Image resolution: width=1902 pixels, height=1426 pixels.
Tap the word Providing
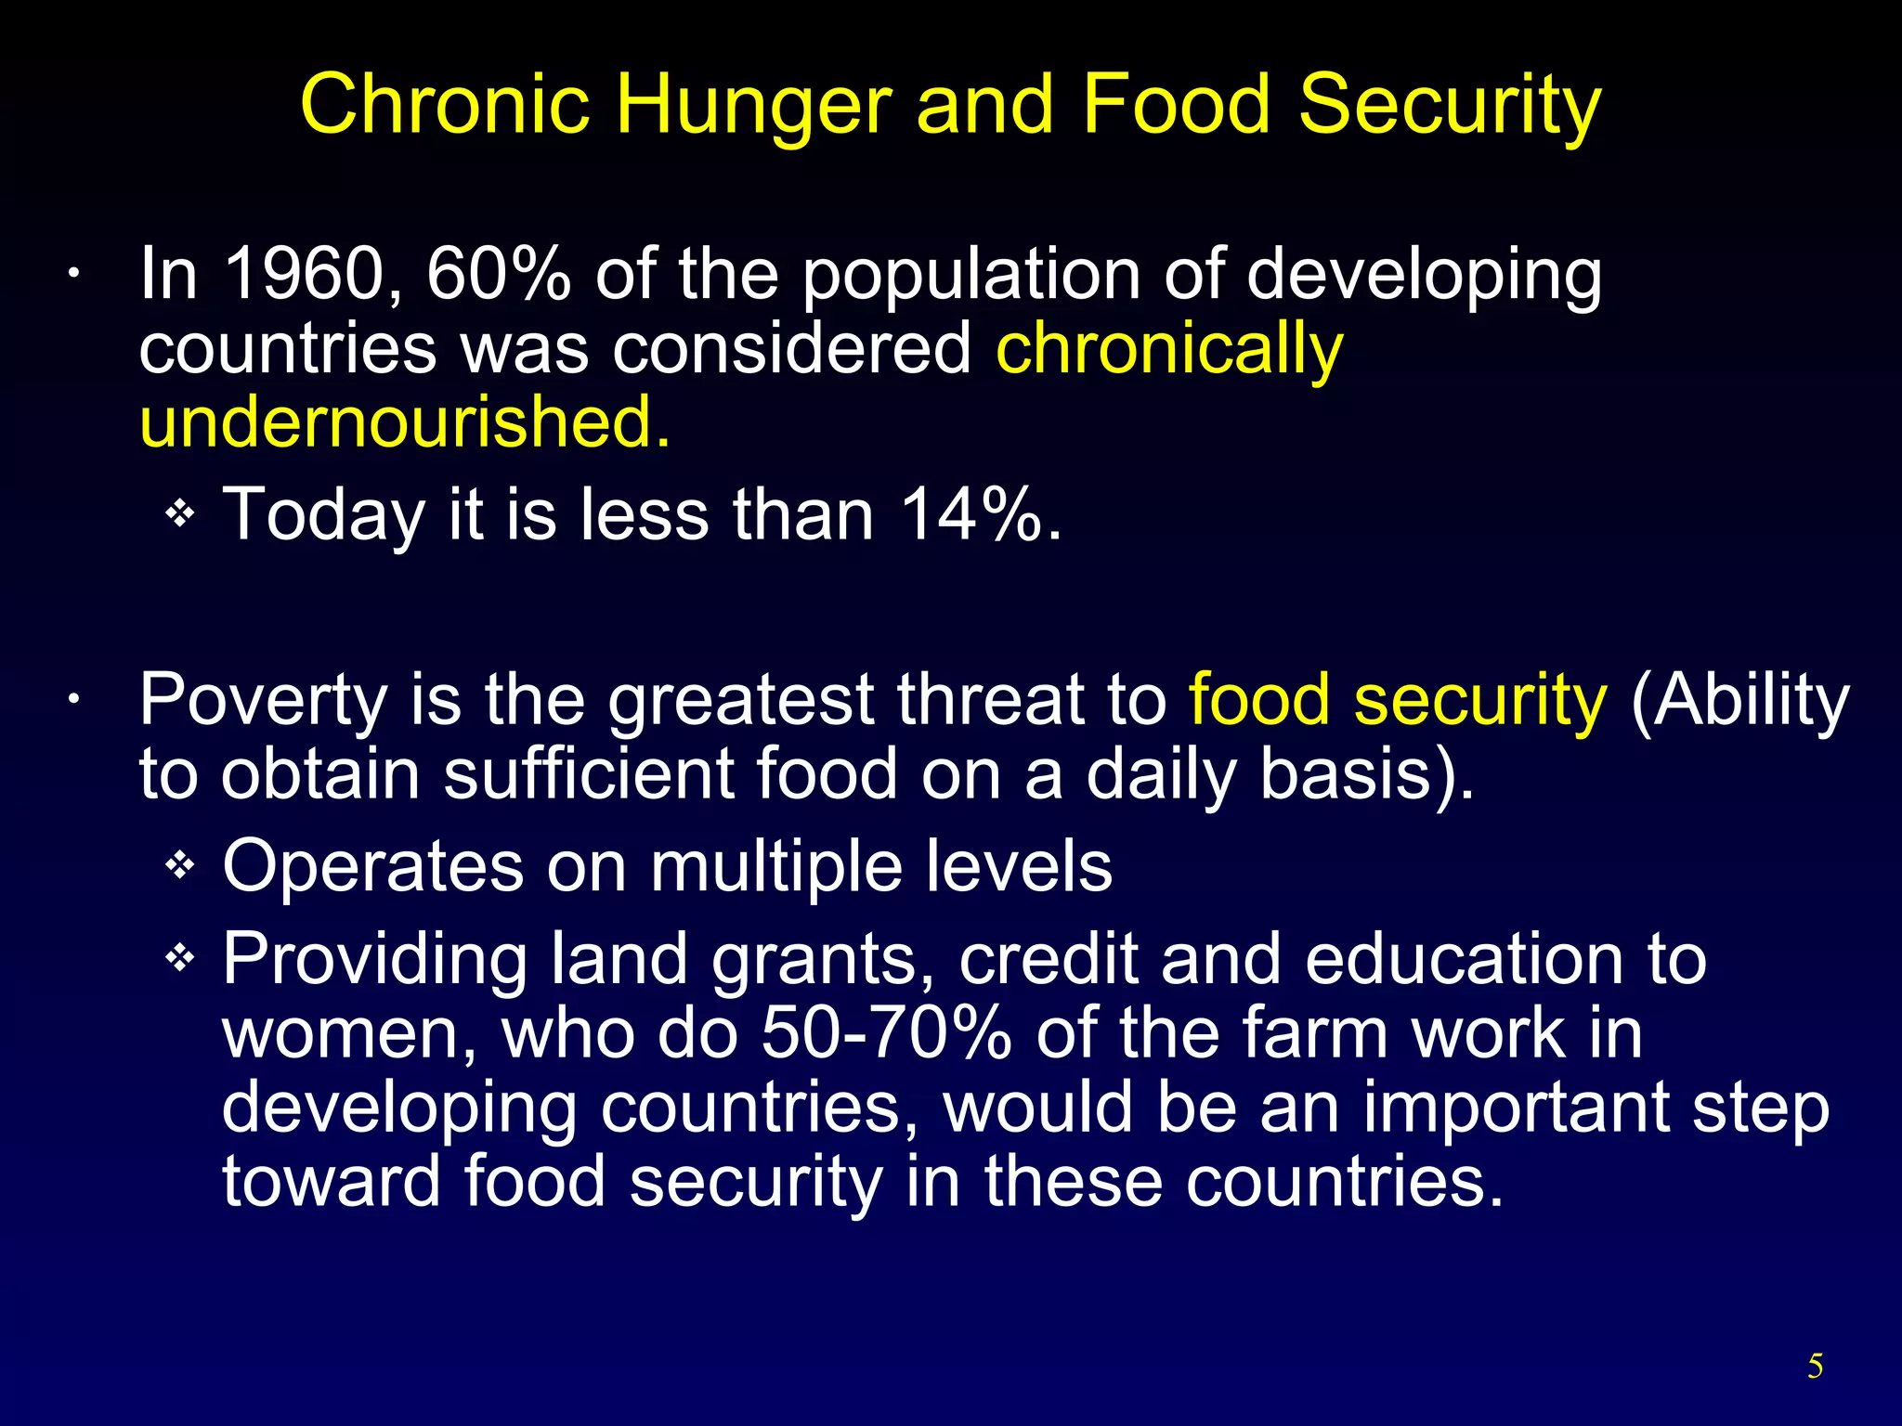pyautogui.click(x=374, y=961)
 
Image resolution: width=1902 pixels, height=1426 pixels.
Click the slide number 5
pyautogui.click(x=1815, y=1367)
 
